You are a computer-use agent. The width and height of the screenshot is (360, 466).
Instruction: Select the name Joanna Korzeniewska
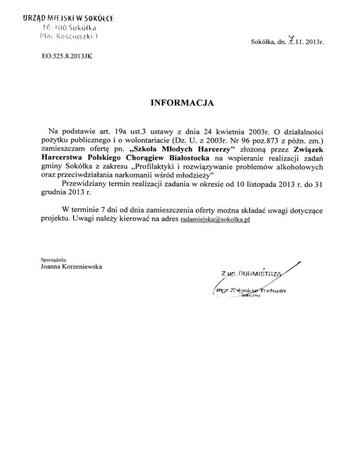68,267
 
